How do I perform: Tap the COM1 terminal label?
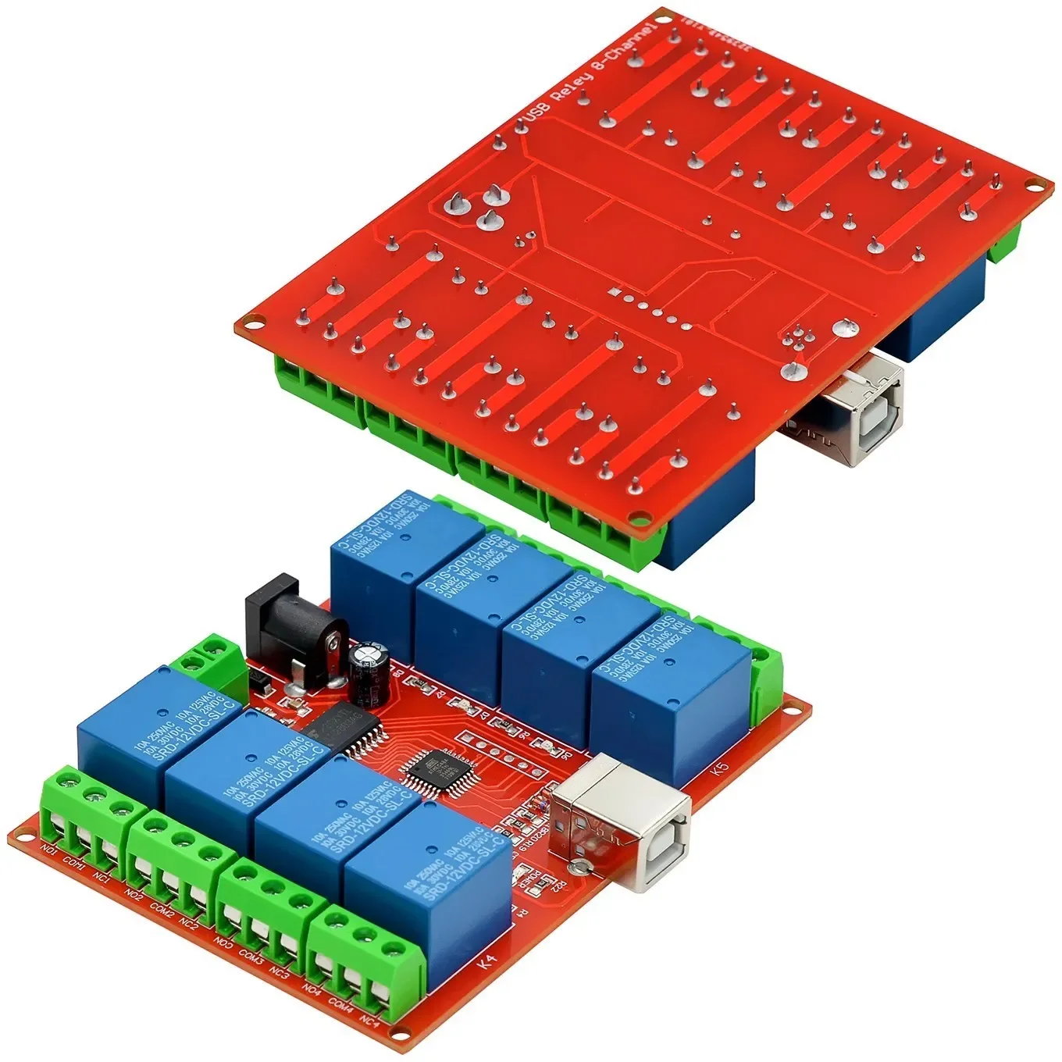coord(73,861)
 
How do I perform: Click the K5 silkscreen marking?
coord(720,768)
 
